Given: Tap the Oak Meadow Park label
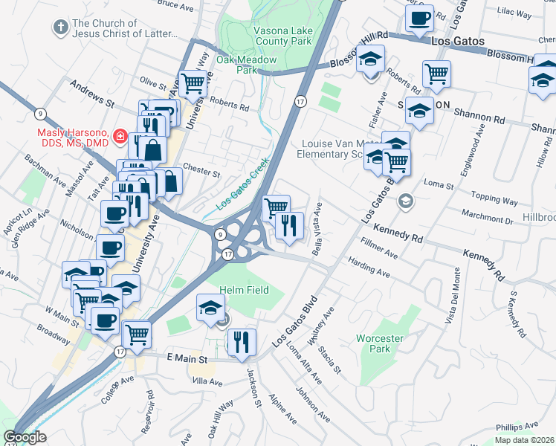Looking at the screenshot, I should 246,65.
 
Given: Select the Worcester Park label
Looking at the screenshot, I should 379,343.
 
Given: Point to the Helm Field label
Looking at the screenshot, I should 244,290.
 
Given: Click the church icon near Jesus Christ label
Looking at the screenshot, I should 60,28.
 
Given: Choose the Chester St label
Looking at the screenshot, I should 201,170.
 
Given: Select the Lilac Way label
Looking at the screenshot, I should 514,13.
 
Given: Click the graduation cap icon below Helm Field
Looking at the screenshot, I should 211,307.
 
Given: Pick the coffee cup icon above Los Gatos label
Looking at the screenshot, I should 419,17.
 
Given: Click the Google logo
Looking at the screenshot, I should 25,437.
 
